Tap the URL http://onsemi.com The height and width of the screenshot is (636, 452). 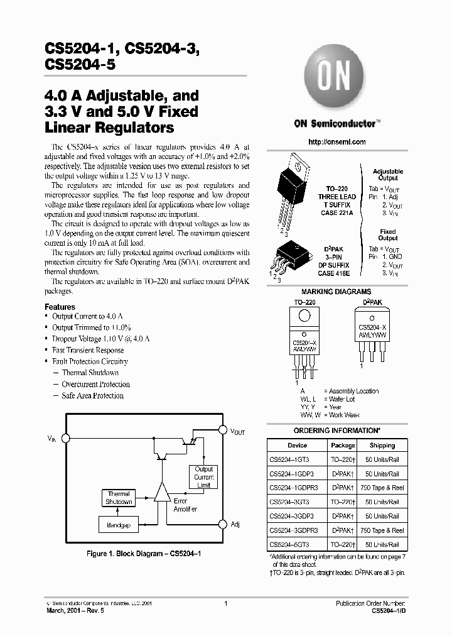pos(337,142)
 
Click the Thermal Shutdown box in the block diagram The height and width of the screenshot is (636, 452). pos(119,498)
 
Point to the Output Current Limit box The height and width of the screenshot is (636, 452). pos(203,478)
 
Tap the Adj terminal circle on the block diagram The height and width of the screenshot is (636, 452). pos(222,524)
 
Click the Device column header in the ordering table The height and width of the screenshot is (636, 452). pos(298,445)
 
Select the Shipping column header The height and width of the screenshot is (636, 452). pos(382,445)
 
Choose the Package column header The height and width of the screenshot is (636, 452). pos(343,445)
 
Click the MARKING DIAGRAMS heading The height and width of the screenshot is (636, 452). pos(336,292)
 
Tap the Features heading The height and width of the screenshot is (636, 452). pos(60,307)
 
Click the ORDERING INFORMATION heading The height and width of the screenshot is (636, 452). pos(337,430)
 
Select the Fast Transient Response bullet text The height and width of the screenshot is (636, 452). pos(88,350)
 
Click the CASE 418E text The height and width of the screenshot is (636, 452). pos(335,273)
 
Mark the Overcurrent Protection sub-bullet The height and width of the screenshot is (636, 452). pos(95,384)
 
